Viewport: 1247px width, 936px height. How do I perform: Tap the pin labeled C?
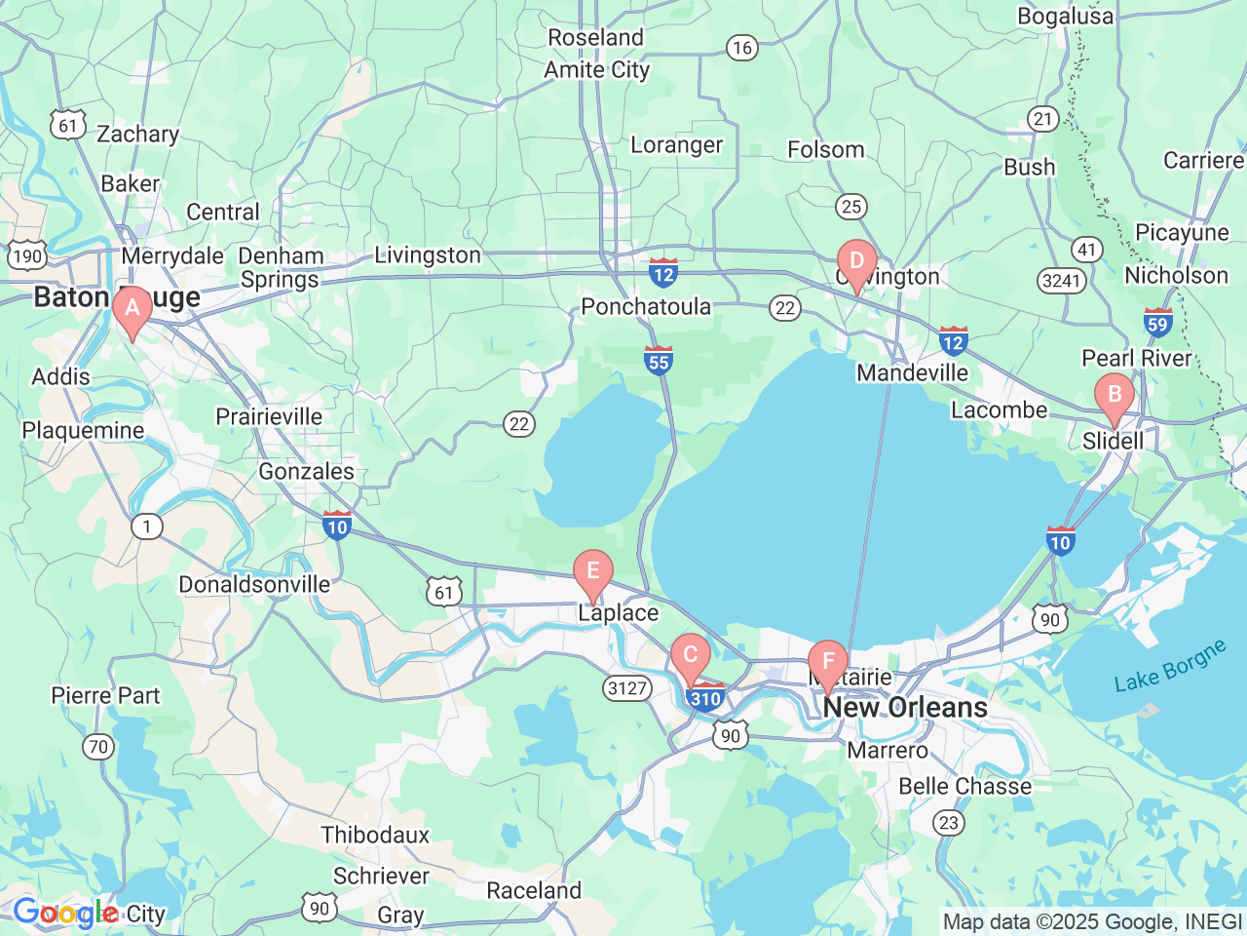[691, 656]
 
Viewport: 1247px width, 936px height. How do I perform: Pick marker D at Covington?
[857, 262]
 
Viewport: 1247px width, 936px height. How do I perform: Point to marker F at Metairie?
[828, 663]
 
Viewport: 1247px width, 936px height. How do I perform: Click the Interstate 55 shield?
[659, 361]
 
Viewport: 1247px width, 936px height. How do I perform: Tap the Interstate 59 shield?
[1157, 323]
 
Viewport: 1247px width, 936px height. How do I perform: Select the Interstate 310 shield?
[705, 697]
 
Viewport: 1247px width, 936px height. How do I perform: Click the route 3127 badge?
[627, 688]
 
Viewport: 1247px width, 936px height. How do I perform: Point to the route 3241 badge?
[1061, 281]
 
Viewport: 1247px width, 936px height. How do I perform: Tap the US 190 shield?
[27, 256]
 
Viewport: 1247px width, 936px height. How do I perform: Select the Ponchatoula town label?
[646, 306]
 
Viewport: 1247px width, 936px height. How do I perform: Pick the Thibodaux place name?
[375, 835]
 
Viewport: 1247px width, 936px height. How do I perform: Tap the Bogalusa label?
[1065, 16]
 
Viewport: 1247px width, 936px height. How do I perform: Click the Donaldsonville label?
[254, 584]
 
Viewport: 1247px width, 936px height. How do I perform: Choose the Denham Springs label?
[281, 267]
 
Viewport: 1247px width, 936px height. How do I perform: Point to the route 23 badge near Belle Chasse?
[949, 822]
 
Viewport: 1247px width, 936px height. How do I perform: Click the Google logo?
[65, 914]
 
